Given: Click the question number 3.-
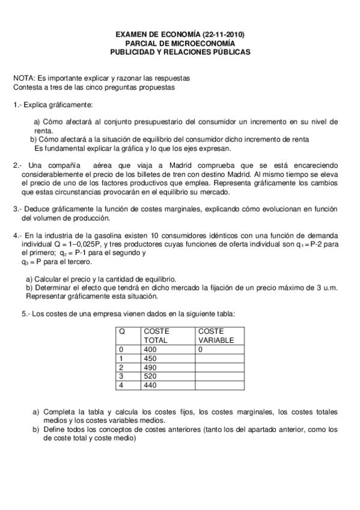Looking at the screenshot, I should [x=17, y=210].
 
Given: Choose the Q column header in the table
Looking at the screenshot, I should [x=122, y=331].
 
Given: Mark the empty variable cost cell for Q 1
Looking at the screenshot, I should [x=219, y=358].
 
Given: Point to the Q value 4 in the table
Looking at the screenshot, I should [x=121, y=385].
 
